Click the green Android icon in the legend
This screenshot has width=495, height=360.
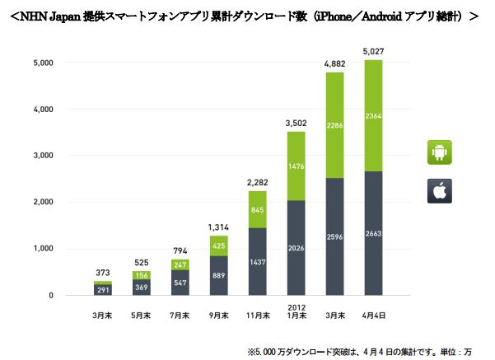point(440,152)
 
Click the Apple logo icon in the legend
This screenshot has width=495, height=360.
point(440,190)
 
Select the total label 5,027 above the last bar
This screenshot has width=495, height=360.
point(372,53)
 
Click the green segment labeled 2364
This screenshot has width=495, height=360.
point(372,115)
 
